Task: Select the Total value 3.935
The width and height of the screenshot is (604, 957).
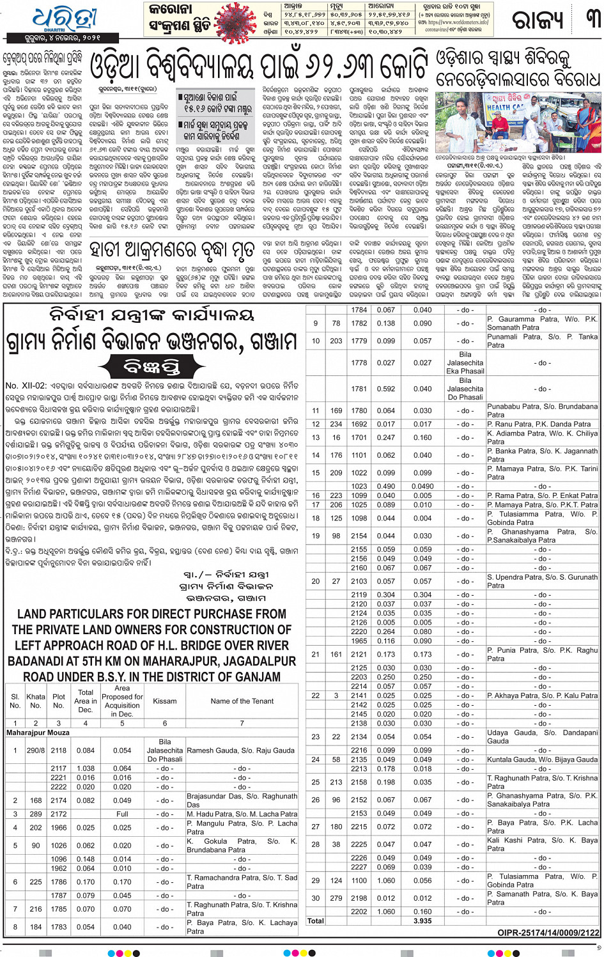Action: click(x=422, y=921)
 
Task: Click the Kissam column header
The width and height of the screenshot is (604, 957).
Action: click(x=164, y=701)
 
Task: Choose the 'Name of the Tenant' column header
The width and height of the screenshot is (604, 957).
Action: click(x=242, y=701)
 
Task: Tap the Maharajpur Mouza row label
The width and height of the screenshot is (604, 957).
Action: click(x=38, y=733)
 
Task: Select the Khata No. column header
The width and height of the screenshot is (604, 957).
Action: click(x=36, y=701)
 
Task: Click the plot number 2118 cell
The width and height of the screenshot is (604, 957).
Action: click(x=59, y=751)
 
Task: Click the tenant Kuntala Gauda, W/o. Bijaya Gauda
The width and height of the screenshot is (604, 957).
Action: click(x=542, y=759)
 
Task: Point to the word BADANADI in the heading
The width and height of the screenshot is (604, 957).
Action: click(x=45, y=661)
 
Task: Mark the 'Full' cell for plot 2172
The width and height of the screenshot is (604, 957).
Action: click(x=122, y=814)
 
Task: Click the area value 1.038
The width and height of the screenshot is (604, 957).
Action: click(x=86, y=769)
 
